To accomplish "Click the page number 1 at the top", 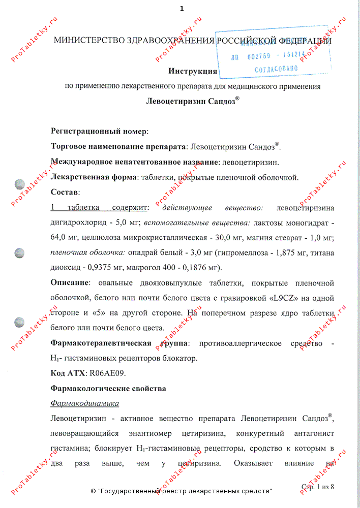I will pyautogui.click(x=182, y=9).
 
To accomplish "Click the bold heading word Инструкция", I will pyautogui.click(x=193, y=71).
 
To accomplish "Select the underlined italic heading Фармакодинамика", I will pyautogui.click(x=85, y=403).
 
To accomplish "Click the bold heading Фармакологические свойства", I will pyautogui.click(x=108, y=389).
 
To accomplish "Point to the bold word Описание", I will pyautogui.click(x=70, y=283).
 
